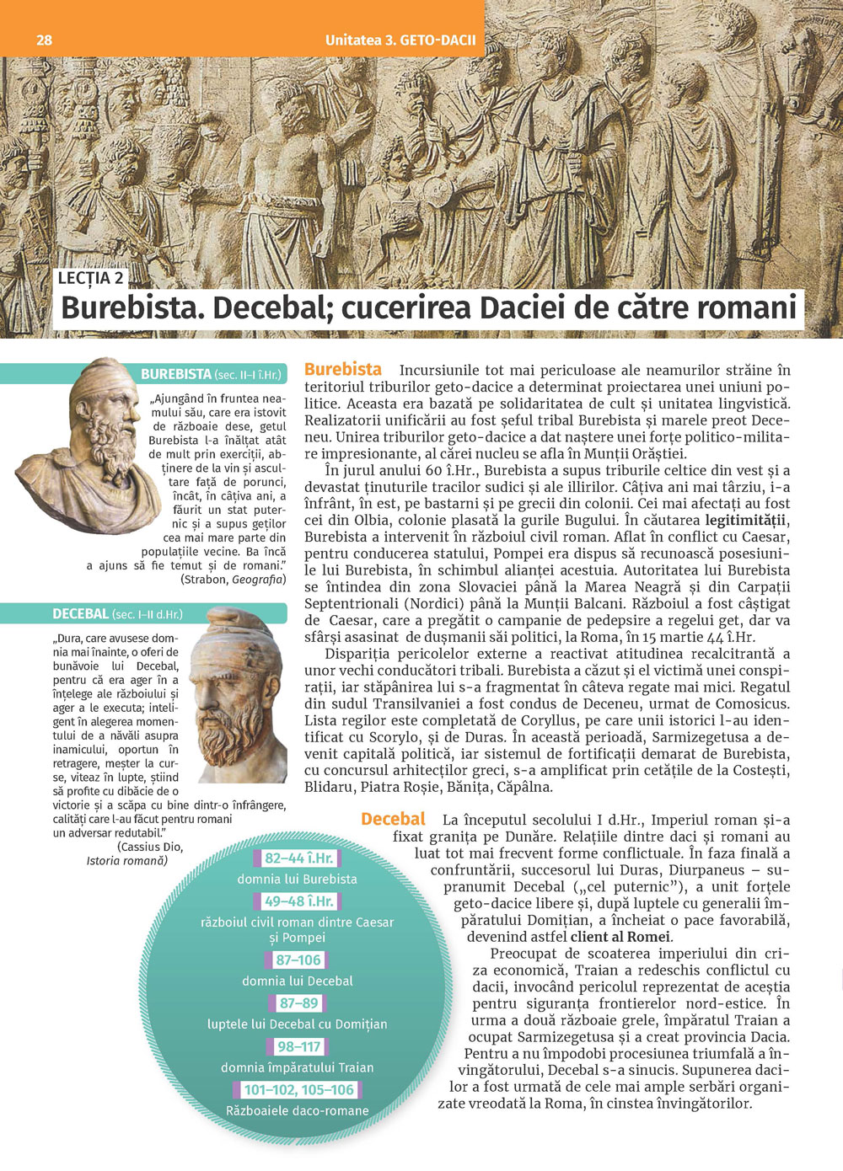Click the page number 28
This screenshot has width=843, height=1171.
(x=45, y=40)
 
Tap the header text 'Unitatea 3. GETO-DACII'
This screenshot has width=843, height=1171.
(x=400, y=40)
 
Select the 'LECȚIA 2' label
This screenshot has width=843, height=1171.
(x=91, y=278)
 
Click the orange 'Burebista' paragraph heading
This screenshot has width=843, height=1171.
(x=342, y=369)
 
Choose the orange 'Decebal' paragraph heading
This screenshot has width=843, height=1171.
(x=393, y=819)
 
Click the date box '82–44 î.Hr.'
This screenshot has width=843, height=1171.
(x=298, y=858)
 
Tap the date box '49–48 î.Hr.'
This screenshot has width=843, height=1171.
(x=298, y=901)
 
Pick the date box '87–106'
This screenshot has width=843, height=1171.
(x=298, y=960)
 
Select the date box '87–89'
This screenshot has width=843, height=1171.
(x=298, y=1003)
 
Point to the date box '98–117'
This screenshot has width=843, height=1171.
(x=298, y=1046)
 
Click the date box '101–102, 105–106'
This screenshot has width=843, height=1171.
(x=298, y=1090)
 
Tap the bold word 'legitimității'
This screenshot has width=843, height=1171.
(x=747, y=521)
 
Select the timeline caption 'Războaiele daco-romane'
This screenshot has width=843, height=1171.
(x=297, y=1111)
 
